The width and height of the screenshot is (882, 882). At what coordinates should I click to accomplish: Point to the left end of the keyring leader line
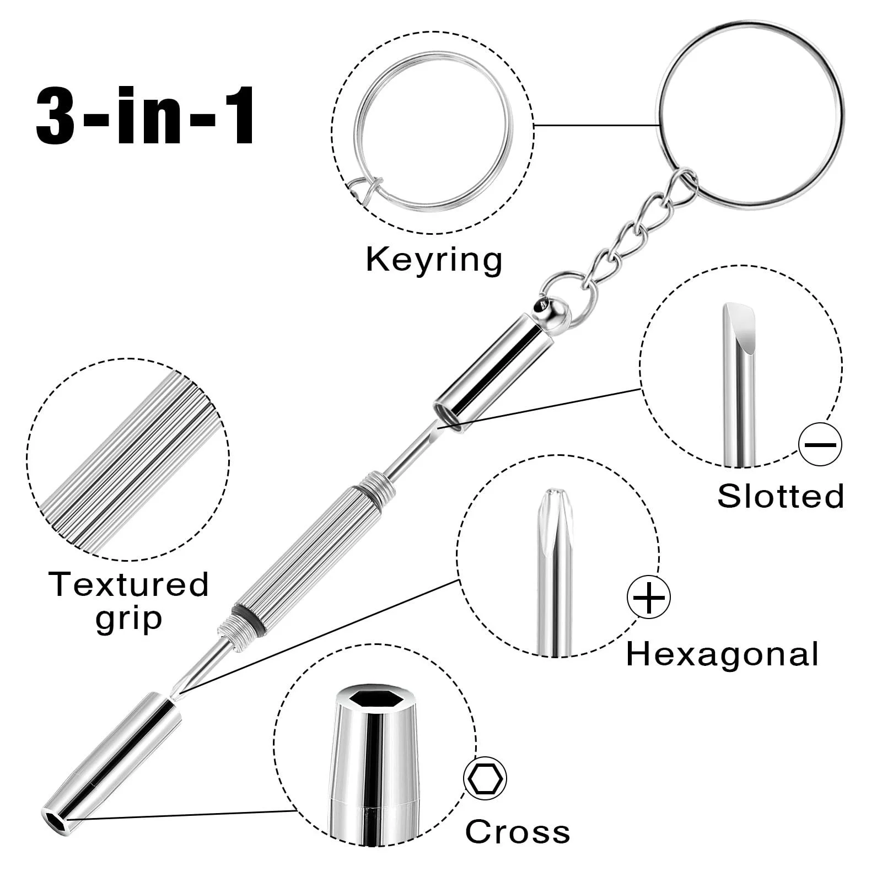click(x=534, y=125)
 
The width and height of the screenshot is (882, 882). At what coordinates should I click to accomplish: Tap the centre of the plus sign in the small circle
click(x=649, y=597)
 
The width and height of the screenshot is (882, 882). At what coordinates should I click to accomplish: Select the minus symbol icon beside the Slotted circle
click(x=820, y=444)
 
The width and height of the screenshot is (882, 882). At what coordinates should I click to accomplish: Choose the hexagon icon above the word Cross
click(x=485, y=778)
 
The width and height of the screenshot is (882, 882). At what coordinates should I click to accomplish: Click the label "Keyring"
click(x=434, y=260)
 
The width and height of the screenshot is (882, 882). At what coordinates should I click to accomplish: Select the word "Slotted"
click(x=781, y=496)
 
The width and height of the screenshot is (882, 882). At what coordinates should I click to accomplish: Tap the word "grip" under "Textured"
click(x=128, y=619)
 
